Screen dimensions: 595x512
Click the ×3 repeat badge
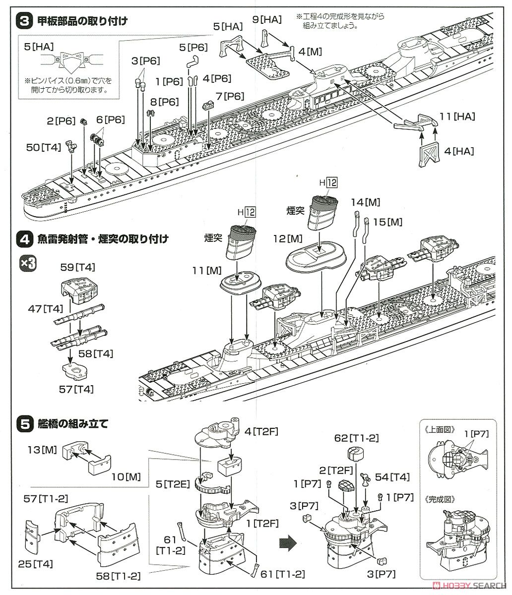tap(28, 264)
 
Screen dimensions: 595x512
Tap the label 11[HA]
tap(457, 117)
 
